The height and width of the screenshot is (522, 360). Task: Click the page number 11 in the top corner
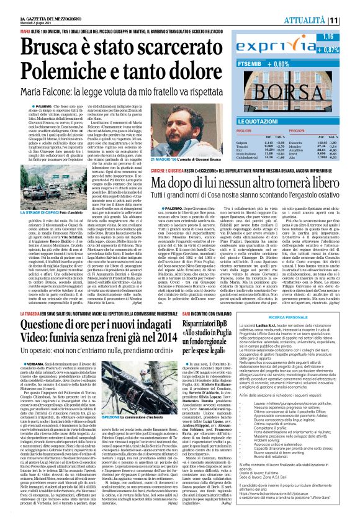point(351,20)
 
